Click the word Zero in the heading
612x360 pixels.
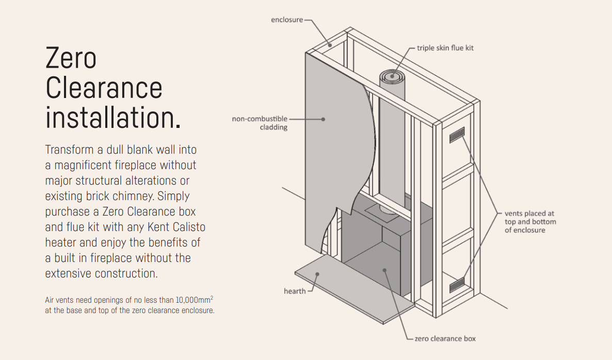pyautogui.click(x=71, y=58)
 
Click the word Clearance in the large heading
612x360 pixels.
pyautogui.click(x=104, y=88)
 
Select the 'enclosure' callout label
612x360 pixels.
pyautogui.click(x=287, y=20)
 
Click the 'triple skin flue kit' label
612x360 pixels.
pyautogui.click(x=445, y=48)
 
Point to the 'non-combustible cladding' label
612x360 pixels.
pyautogui.click(x=260, y=123)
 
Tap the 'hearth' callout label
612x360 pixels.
pyautogui.click(x=295, y=291)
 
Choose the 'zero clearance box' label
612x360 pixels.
pyautogui.click(x=445, y=339)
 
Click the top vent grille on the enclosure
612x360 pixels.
pyautogui.click(x=457, y=135)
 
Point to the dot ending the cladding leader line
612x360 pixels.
pyautogui.click(x=323, y=119)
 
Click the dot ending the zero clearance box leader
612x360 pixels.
pyautogui.click(x=384, y=269)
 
